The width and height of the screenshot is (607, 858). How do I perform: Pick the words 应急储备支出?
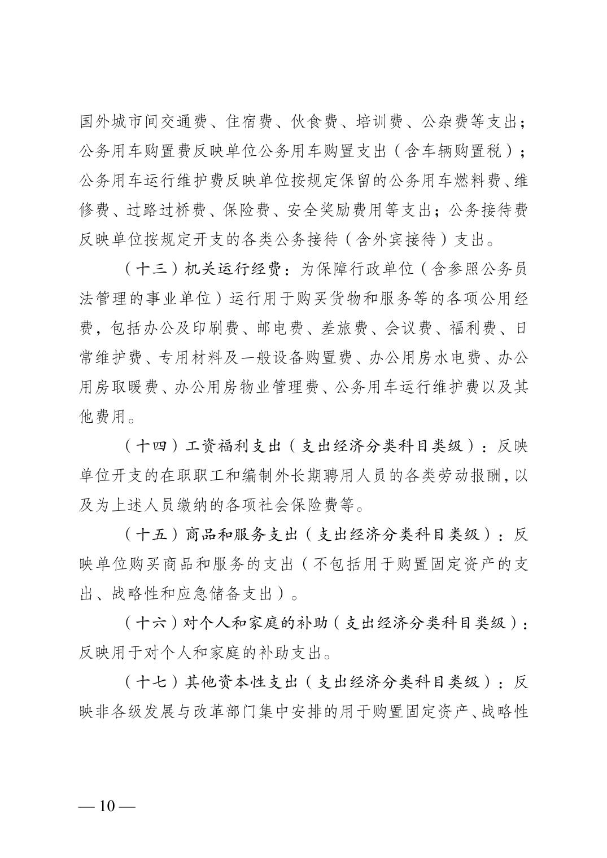tap(237, 594)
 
